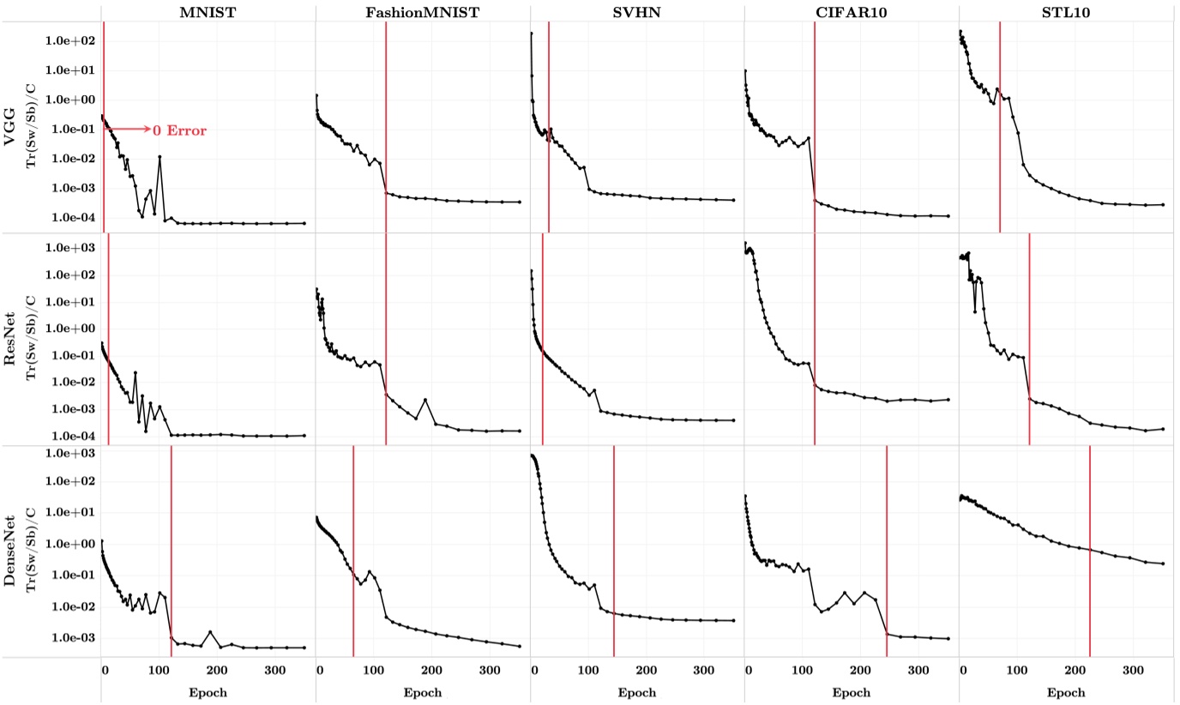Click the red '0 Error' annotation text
pos(179,130)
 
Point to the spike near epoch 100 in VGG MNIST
pos(160,157)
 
